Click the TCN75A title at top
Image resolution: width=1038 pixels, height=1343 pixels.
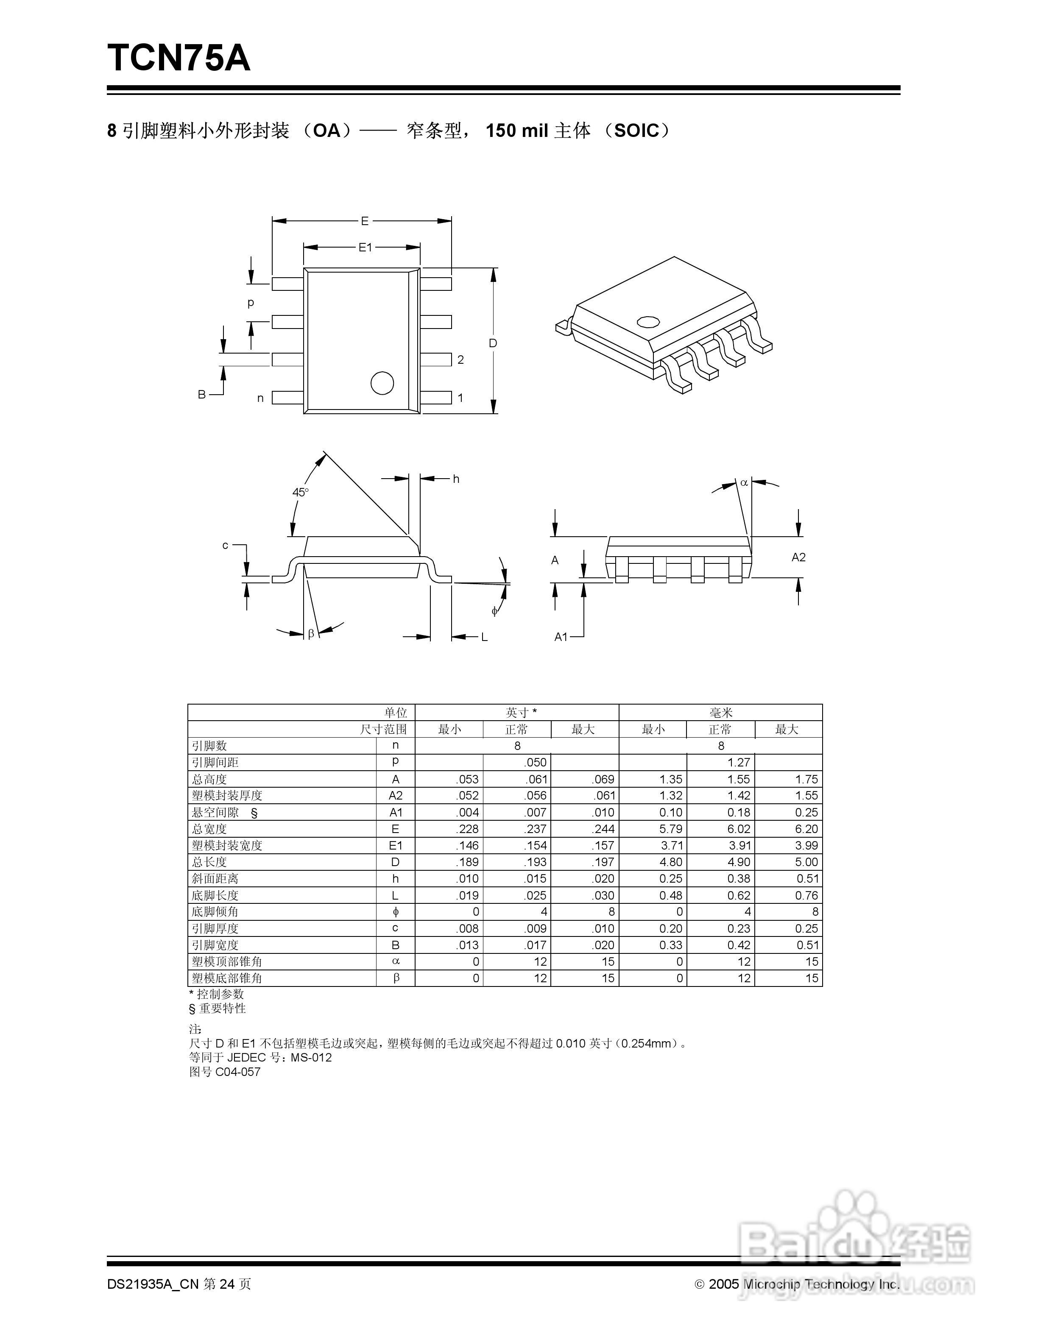click(179, 59)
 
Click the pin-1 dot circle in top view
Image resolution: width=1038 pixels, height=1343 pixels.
click(382, 383)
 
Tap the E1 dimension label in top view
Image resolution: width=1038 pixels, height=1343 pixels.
click(365, 247)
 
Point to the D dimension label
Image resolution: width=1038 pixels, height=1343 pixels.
click(493, 343)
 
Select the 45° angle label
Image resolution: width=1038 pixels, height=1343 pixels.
click(300, 492)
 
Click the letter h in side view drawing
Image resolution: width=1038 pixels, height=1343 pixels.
click(456, 479)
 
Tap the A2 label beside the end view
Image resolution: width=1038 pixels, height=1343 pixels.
click(798, 557)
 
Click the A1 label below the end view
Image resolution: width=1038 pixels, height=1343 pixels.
click(561, 636)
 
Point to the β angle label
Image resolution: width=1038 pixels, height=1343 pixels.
click(311, 633)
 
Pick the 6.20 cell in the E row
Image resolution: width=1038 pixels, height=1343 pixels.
click(806, 829)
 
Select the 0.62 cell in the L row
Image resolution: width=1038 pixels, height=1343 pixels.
click(739, 895)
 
